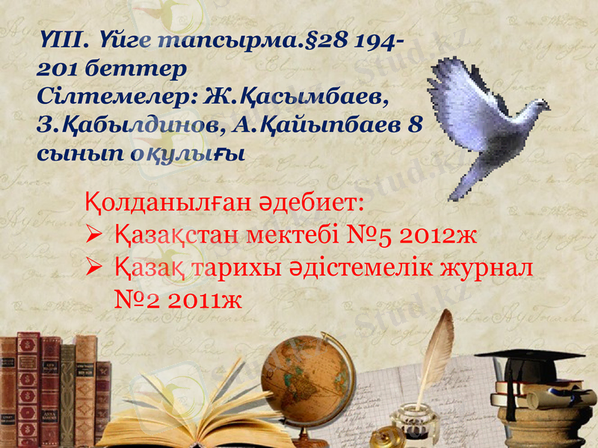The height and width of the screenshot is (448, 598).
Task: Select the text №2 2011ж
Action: pyautogui.click(x=180, y=299)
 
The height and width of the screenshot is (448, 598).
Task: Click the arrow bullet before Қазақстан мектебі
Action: pyautogui.click(x=96, y=237)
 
